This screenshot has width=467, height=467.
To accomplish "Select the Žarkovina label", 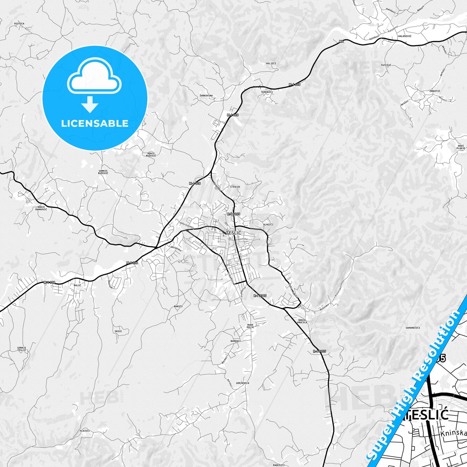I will pos(206,96).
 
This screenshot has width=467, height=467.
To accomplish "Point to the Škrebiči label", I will pos(267,92).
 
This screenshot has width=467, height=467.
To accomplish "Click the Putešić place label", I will pos(386,65).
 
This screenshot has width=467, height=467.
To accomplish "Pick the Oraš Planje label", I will pos(461,147).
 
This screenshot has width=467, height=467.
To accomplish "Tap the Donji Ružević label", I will pos(151,154).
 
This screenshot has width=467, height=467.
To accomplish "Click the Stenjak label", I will pos(235,187).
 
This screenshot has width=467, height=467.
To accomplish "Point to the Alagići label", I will pos(268,224).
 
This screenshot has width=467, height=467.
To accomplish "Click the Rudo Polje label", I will pos(250,326).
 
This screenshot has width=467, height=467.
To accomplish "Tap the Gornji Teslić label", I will pos(22,349).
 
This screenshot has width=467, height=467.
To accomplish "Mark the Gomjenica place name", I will pos(242,383).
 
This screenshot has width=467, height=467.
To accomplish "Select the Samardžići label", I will pos(413,328).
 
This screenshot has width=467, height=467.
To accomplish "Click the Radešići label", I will pos(279,465).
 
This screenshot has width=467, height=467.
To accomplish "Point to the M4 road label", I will pos(342,41).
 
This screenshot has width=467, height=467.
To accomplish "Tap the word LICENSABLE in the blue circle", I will pos(95,123).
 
